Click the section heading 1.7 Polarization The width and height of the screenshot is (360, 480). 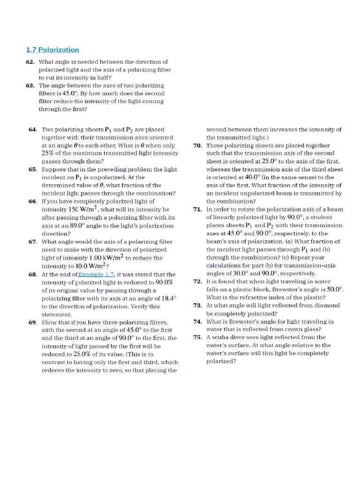(52, 50)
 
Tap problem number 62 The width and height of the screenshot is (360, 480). (30, 62)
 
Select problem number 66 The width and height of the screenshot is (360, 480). (33, 202)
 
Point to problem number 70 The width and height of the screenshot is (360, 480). (197, 146)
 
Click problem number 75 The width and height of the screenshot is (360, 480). (197, 337)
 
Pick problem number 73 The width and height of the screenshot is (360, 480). (197, 306)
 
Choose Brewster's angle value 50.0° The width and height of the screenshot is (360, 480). (334, 290)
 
